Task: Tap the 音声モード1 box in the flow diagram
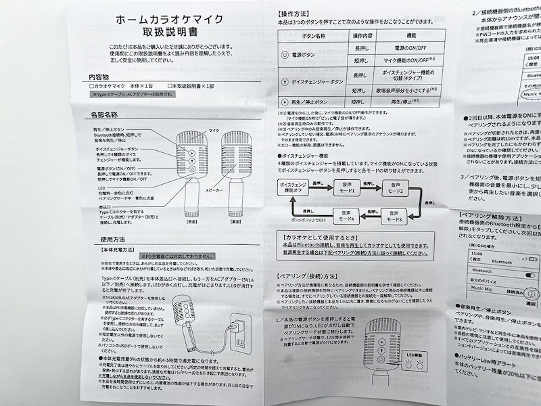347,187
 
